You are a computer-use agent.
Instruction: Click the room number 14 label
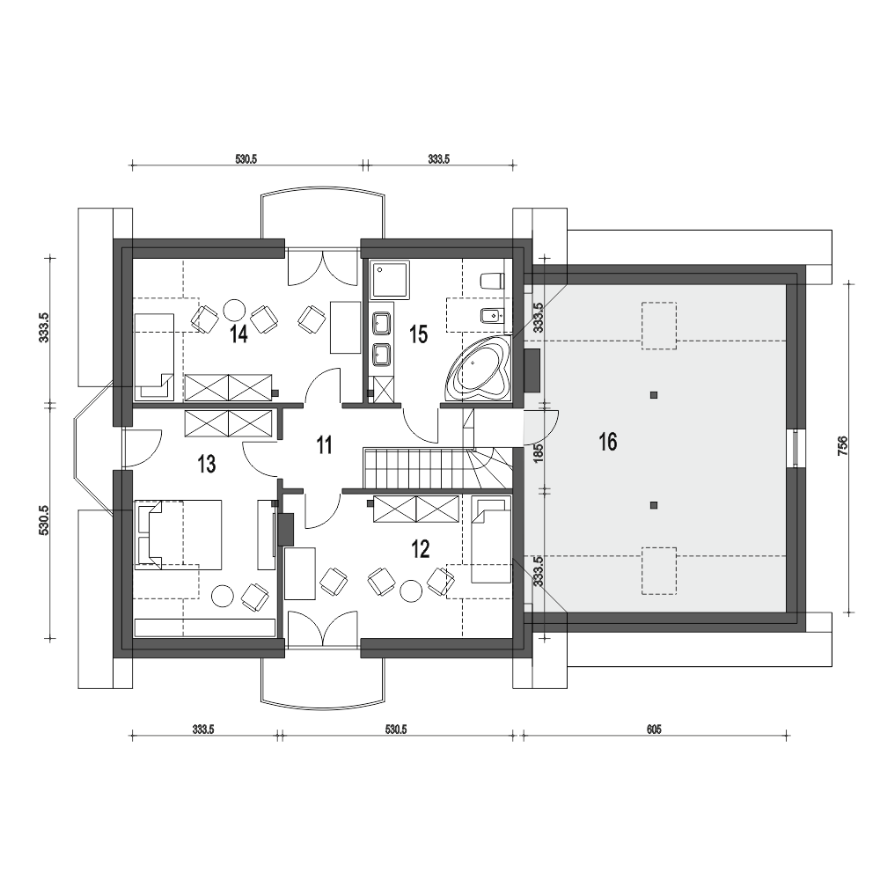tap(238, 334)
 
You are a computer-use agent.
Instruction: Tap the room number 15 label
tap(419, 334)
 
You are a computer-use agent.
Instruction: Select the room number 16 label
tap(608, 442)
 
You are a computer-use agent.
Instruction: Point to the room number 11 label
tap(325, 445)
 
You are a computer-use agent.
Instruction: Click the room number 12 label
tap(421, 549)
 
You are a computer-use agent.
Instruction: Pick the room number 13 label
tap(207, 464)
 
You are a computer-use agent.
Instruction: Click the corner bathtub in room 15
tap(479, 369)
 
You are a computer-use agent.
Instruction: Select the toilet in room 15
tap(492, 280)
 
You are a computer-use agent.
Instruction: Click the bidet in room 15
tap(492, 318)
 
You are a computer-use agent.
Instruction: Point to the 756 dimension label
tap(842, 445)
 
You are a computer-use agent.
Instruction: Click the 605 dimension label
tap(654, 729)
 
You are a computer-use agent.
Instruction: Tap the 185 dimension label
tap(539, 453)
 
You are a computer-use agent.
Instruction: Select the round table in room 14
tap(234, 309)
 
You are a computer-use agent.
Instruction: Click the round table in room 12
tap(411, 590)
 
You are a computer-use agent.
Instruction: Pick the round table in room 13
tap(223, 596)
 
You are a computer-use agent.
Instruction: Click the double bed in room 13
tap(179, 535)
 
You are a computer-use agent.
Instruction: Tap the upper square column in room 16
tap(654, 395)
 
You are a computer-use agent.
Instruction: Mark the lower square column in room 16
tap(654, 505)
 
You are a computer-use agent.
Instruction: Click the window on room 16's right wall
tap(796, 448)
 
